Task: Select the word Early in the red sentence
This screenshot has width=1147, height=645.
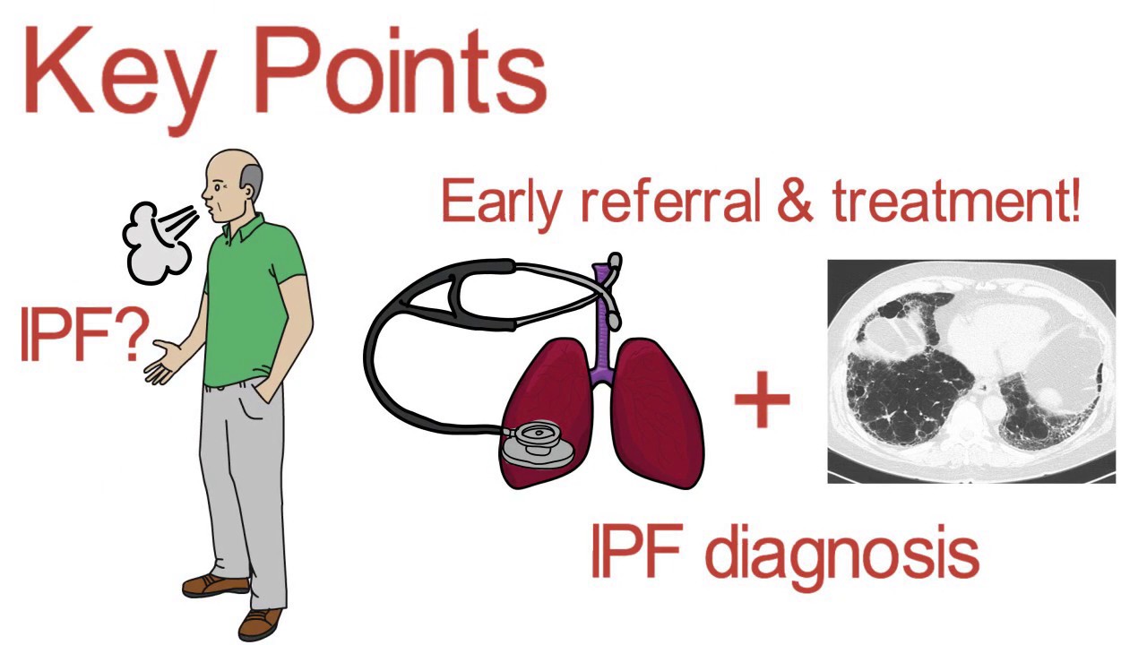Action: pos(500,203)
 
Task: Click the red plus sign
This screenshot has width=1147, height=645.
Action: pos(763,399)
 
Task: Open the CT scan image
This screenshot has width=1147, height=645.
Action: pos(971,371)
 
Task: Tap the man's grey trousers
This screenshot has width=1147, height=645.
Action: pos(243,486)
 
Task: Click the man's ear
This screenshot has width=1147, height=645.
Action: pos(250,193)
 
